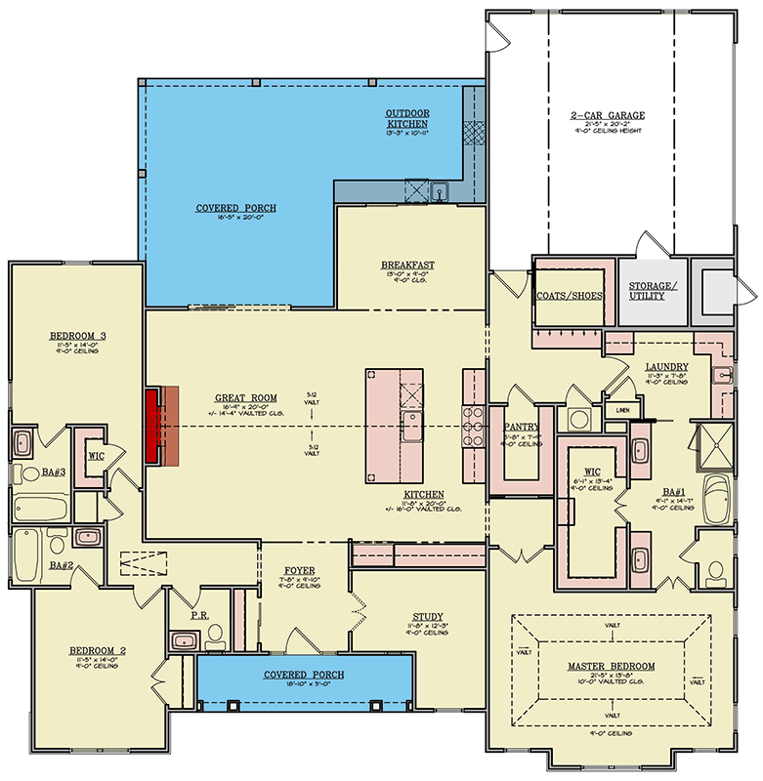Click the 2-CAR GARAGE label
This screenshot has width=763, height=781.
click(x=610, y=114)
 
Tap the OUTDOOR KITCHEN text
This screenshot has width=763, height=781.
click(x=406, y=118)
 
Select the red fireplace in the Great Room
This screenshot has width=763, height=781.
click(x=153, y=426)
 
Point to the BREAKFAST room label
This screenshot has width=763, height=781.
click(x=407, y=265)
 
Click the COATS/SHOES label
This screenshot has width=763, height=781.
click(x=570, y=296)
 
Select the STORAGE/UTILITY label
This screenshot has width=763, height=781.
click(x=650, y=291)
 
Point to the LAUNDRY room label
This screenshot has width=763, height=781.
click(x=668, y=367)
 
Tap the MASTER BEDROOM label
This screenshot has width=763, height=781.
click(x=611, y=666)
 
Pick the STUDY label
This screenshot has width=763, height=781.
click(x=427, y=616)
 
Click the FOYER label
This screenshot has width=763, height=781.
click(x=299, y=570)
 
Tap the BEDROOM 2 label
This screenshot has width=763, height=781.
click(x=94, y=650)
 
